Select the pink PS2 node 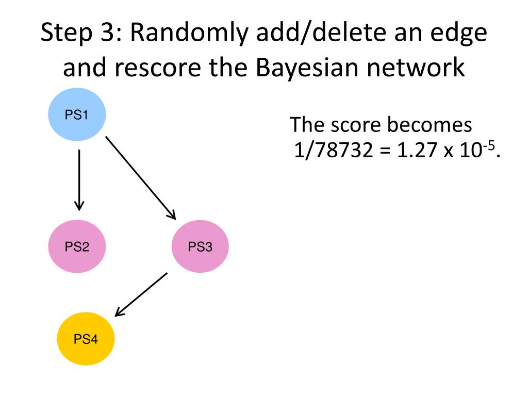click(77, 247)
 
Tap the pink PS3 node click(200, 247)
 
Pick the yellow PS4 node click(86, 339)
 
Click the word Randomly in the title click(182, 34)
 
